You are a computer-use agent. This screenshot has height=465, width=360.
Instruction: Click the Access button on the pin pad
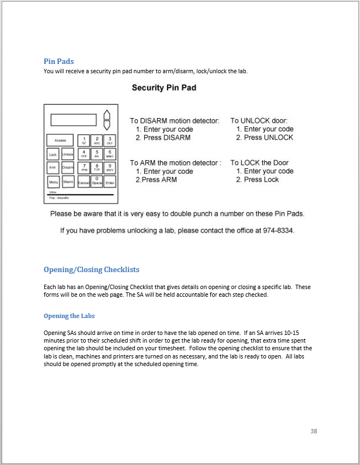(x=60, y=140)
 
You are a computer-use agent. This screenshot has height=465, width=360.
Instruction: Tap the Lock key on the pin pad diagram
(x=53, y=155)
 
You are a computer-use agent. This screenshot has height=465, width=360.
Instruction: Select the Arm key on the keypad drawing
(x=53, y=168)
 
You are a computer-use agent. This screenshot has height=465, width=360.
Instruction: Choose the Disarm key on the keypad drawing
(x=68, y=168)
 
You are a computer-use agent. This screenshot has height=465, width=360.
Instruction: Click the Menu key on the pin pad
(x=53, y=181)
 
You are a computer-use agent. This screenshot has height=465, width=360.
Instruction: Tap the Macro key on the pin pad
(x=68, y=181)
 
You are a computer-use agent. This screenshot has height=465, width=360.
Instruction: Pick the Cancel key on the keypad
(x=83, y=181)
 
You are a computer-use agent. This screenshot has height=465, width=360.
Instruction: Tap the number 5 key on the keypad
(x=97, y=154)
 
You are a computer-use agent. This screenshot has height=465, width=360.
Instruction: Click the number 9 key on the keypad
(x=110, y=167)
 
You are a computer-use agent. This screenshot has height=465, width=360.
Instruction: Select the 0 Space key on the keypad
(x=97, y=181)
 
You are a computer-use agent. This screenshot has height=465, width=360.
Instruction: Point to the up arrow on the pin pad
(x=107, y=115)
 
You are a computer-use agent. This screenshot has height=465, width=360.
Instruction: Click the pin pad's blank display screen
(x=74, y=120)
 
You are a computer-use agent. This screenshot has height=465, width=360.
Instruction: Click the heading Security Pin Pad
(x=164, y=88)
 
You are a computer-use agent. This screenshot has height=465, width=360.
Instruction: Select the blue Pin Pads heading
(x=58, y=61)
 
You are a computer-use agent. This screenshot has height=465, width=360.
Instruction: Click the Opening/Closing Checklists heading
(x=91, y=269)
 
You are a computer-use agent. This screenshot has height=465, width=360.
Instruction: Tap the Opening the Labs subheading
(x=69, y=316)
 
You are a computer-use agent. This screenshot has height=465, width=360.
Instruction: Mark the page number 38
(x=314, y=431)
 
